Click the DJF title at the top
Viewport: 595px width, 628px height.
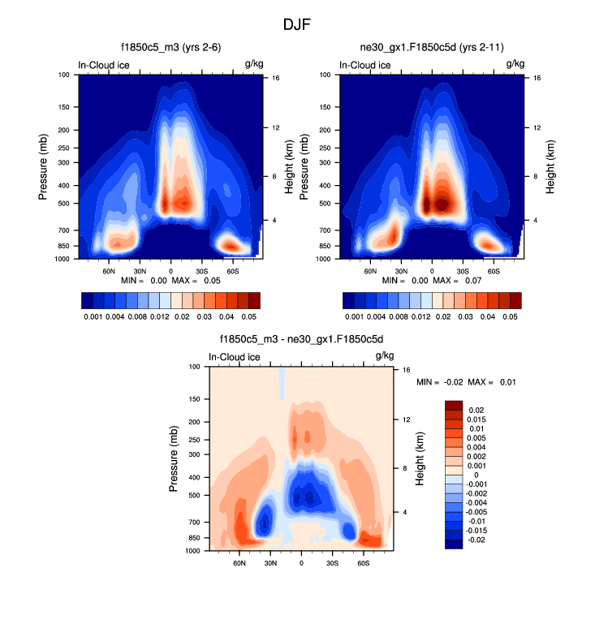297,24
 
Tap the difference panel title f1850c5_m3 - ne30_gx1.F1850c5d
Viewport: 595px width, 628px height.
300,338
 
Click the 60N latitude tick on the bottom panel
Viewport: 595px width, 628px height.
239,562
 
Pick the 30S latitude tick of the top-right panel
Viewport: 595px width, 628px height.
463,270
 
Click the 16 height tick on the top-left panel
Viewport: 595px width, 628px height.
277,78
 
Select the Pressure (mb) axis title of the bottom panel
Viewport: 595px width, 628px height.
174,459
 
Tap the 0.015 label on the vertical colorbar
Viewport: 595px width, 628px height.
480,419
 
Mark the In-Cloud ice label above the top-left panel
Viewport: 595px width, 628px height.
103,65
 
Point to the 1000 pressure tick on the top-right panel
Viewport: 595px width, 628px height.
326,259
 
